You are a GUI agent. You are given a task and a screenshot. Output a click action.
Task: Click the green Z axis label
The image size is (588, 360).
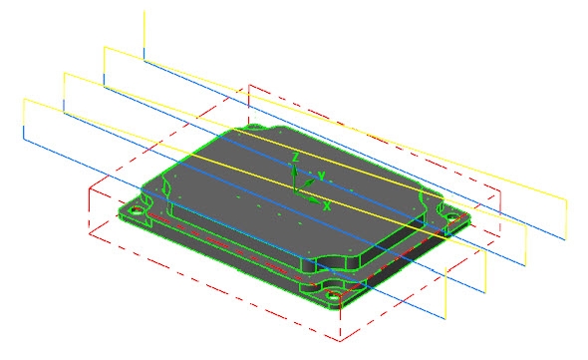[296, 157]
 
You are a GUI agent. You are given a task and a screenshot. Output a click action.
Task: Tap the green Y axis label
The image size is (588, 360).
[321, 176]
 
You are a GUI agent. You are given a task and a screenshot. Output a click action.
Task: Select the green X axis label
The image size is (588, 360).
[327, 205]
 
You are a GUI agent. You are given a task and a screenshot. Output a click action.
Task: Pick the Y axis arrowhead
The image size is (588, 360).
[310, 182]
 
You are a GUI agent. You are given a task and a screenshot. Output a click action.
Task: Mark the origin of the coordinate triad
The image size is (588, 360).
[295, 191]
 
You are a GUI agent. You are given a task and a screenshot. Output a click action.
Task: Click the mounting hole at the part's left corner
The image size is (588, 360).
[136, 210]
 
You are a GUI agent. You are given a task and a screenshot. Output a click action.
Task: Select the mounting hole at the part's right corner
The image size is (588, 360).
[451, 217]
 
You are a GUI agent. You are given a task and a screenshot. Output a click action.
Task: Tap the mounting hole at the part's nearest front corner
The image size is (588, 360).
[332, 296]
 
